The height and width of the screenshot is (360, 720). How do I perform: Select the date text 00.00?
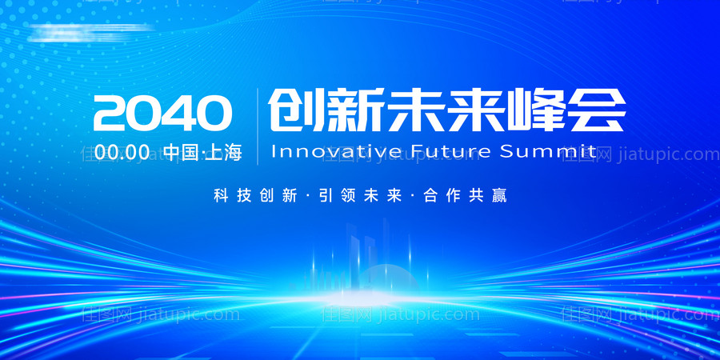pyautogui.click(x=122, y=152)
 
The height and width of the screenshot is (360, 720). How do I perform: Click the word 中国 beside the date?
pyautogui.click(x=180, y=152)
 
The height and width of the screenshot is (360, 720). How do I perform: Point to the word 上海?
pyautogui.click(x=224, y=152)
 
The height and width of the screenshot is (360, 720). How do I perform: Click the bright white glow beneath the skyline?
pyautogui.click(x=360, y=298)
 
